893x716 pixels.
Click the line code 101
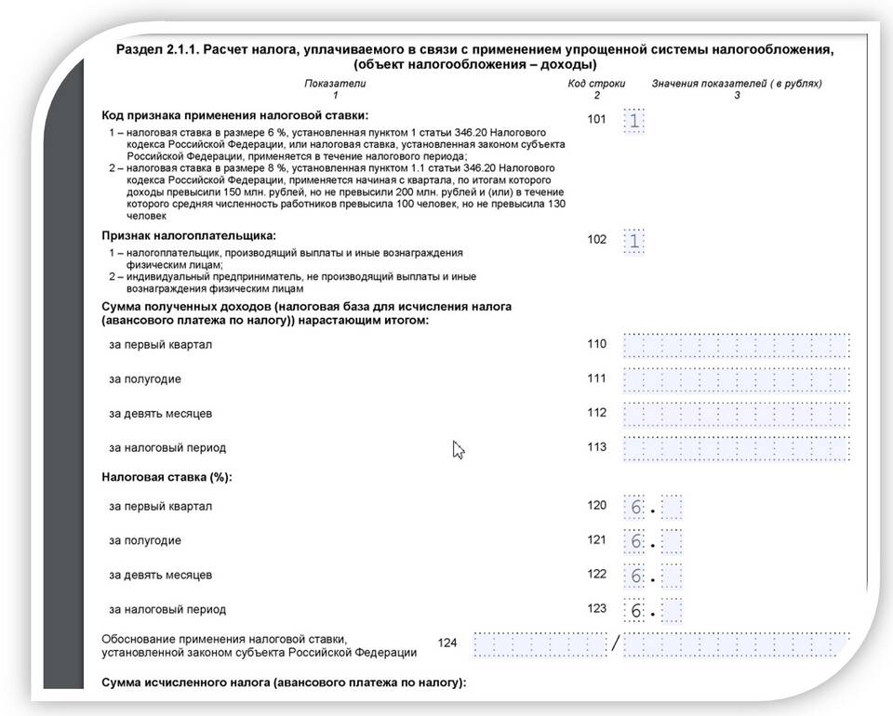coord(596,119)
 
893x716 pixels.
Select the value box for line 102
coord(634,241)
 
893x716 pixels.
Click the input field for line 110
coord(737,346)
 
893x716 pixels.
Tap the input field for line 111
coord(737,380)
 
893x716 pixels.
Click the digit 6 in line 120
coord(635,508)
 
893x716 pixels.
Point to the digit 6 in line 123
coord(635,611)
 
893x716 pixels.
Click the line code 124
coord(447,643)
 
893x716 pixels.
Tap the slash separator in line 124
coord(615,643)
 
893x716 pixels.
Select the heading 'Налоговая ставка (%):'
coord(167,477)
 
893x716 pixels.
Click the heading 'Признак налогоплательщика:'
coord(189,235)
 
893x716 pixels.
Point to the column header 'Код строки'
coord(596,84)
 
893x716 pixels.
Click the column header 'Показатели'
coord(336,84)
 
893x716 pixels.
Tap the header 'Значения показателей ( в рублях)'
coord(737,84)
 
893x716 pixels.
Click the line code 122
coord(596,575)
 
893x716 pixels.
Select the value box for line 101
coord(634,121)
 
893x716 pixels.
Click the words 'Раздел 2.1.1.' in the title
coord(155,50)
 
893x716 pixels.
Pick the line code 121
coord(596,540)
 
